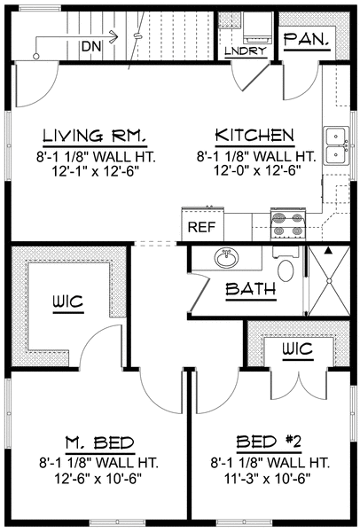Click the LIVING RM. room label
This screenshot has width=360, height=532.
tap(95, 135)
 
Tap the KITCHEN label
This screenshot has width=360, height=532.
tap(254, 135)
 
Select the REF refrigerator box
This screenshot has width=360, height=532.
tap(202, 224)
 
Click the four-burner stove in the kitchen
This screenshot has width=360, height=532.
tap(288, 225)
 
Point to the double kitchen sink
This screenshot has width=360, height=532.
tap(336, 145)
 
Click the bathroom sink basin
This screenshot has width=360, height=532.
tap(227, 258)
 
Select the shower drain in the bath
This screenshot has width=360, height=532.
tap(329, 281)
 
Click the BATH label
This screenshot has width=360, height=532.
tap(251, 289)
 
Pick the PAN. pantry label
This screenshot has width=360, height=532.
tap(307, 39)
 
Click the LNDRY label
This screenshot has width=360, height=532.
tap(246, 51)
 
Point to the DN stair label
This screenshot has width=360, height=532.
tap(91, 46)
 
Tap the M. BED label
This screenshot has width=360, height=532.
tap(100, 442)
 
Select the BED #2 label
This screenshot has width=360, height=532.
tap(269, 442)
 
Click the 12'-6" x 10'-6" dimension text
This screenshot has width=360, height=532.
tap(98, 479)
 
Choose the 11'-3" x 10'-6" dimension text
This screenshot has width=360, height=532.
tap(268, 479)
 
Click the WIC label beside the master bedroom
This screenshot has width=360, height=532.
tap(68, 301)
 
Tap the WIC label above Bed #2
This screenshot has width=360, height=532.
tap(298, 348)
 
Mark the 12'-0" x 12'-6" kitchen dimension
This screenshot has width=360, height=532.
tap(258, 170)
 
